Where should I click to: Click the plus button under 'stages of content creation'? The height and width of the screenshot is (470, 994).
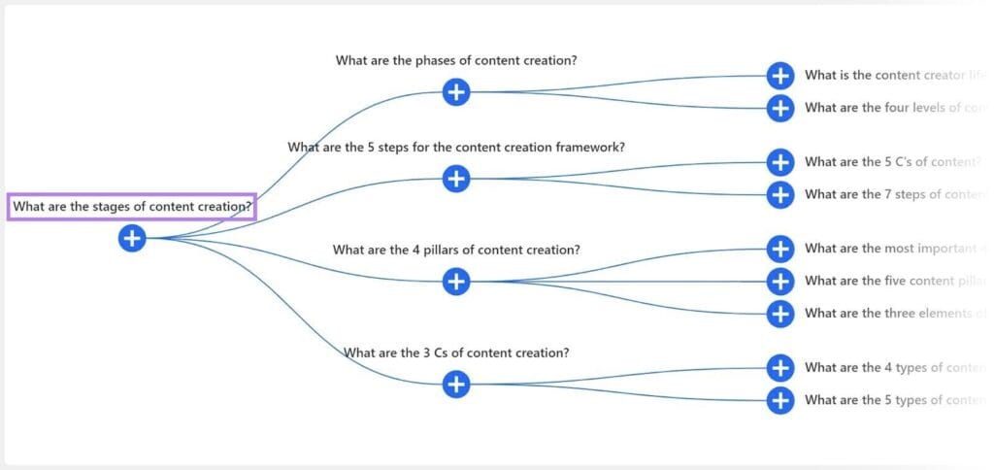pyautogui.click(x=132, y=237)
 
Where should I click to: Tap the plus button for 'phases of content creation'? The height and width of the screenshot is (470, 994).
pyautogui.click(x=456, y=92)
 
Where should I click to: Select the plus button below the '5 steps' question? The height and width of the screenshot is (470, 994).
pyautogui.click(x=456, y=179)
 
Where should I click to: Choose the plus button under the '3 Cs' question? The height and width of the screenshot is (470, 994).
pyautogui.click(x=456, y=385)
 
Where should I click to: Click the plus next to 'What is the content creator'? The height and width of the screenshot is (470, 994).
pyautogui.click(x=780, y=75)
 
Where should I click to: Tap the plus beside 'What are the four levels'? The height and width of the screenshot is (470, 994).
pyautogui.click(x=780, y=108)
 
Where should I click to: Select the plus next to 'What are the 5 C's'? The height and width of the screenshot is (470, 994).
pyautogui.click(x=780, y=161)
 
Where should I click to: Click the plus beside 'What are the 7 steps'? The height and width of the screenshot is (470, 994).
pyautogui.click(x=780, y=194)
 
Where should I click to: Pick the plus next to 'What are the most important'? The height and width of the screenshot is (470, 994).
pyautogui.click(x=780, y=249)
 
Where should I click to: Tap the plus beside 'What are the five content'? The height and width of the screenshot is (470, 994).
pyautogui.click(x=780, y=281)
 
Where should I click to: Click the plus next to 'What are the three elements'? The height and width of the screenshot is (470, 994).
pyautogui.click(x=780, y=314)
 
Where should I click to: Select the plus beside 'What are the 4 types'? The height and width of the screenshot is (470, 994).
pyautogui.click(x=780, y=367)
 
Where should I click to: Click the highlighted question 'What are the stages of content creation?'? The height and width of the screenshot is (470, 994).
pyautogui.click(x=132, y=206)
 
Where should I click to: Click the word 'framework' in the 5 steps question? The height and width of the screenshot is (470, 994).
pyautogui.click(x=588, y=148)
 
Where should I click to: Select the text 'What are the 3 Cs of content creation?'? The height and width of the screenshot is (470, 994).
pyautogui.click(x=456, y=352)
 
